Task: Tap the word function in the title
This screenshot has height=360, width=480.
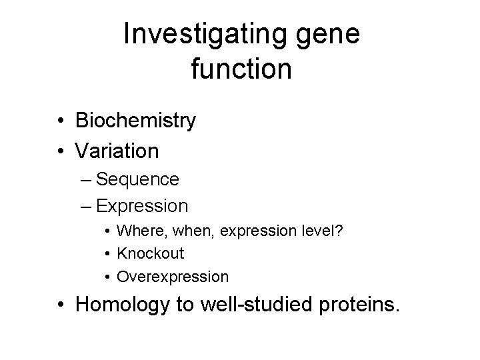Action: click(x=241, y=69)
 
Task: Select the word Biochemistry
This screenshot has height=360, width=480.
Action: click(x=136, y=121)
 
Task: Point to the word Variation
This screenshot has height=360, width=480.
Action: click(x=117, y=151)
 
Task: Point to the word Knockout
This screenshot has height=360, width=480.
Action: click(x=151, y=253)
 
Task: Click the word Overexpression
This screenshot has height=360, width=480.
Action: click(x=173, y=276)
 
